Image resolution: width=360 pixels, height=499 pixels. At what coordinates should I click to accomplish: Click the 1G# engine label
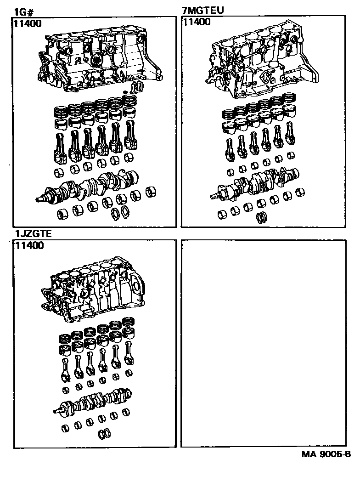[24, 12]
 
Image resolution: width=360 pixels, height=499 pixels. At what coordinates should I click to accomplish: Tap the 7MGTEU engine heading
[203, 10]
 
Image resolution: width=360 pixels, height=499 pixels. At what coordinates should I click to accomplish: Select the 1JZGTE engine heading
[33, 234]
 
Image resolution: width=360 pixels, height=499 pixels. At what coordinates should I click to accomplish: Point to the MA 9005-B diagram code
[326, 454]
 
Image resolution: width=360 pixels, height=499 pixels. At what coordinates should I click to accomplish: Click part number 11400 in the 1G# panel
[28, 23]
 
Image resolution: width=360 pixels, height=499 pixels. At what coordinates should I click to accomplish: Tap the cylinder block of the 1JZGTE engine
[93, 289]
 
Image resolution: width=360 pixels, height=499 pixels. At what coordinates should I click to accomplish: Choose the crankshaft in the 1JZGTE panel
[92, 402]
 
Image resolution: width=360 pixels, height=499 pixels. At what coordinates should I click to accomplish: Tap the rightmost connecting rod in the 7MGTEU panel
[290, 133]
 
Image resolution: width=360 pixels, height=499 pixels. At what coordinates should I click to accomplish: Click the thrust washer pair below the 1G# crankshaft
[121, 212]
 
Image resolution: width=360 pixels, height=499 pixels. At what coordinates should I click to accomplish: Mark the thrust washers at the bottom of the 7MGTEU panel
[262, 217]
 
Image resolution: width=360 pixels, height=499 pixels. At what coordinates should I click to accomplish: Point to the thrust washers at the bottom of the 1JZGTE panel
[105, 433]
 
